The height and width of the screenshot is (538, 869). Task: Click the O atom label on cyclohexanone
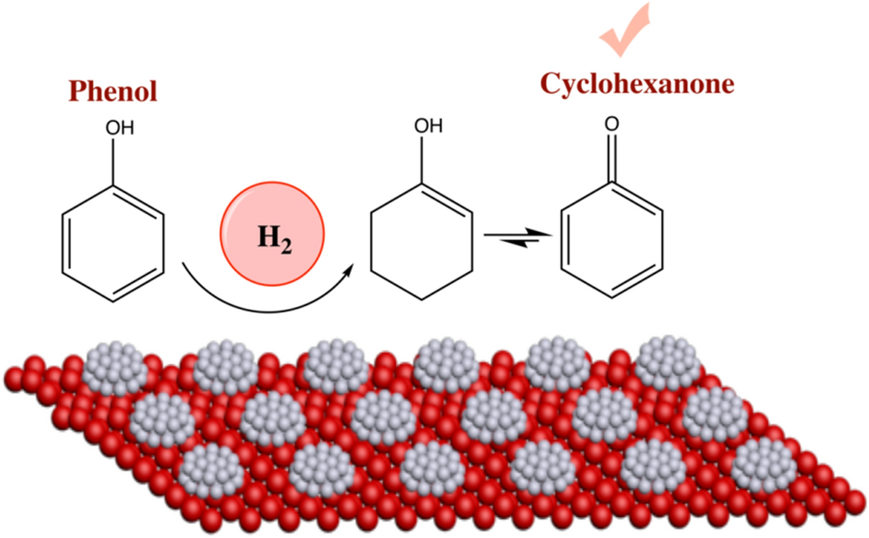(x=609, y=125)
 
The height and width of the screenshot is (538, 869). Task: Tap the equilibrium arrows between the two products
(x=515, y=239)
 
